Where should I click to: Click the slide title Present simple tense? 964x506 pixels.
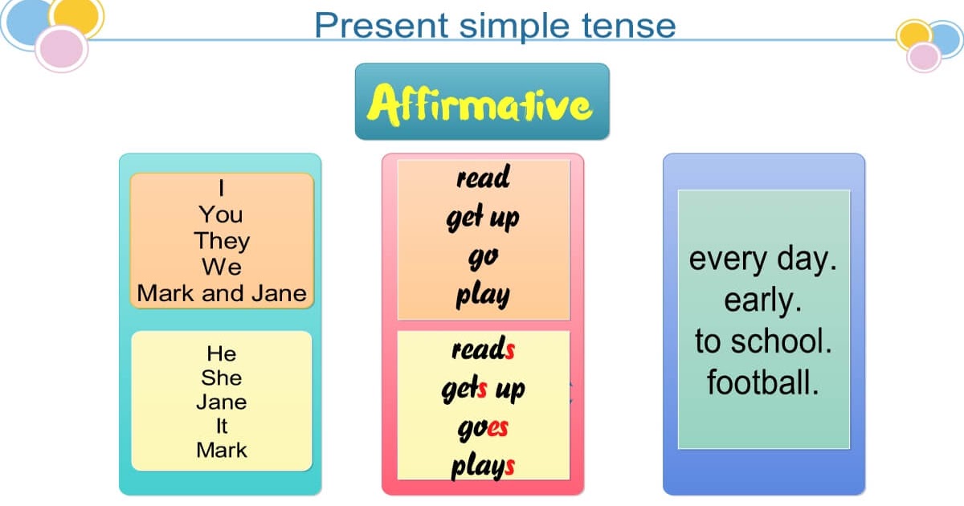tap(495, 25)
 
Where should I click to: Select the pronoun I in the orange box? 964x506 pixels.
tap(222, 188)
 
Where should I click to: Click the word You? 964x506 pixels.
tap(222, 214)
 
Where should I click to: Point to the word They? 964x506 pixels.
tap(222, 241)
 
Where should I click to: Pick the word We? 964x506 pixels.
tap(222, 267)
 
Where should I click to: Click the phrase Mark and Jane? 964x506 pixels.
tap(222, 293)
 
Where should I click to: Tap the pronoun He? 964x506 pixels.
tap(222, 353)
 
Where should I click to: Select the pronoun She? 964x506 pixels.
tap(222, 377)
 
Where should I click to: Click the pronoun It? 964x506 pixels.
tap(222, 426)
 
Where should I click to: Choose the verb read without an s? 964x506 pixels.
tap(483, 178)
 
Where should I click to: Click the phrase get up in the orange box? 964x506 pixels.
tap(483, 218)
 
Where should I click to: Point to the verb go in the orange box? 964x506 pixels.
tap(483, 256)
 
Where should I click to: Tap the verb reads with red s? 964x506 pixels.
tap(483, 349)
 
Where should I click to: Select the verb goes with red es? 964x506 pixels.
tap(483, 427)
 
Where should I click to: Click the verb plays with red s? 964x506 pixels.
tap(483, 467)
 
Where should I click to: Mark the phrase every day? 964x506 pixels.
tap(762, 260)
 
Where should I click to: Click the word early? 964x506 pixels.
tap(762, 300)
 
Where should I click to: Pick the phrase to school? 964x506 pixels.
tap(762, 341)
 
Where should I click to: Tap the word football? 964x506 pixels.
tap(762, 382)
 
